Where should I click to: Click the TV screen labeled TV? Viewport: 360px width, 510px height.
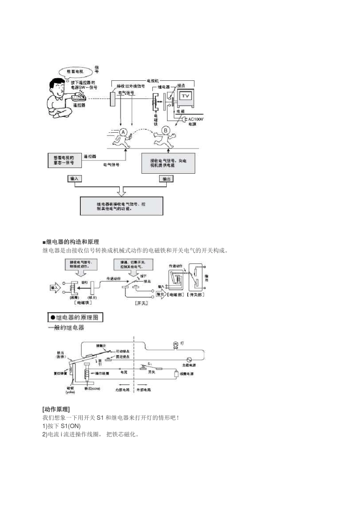pos(185,96)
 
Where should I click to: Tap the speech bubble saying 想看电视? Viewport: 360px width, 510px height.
pos(75,71)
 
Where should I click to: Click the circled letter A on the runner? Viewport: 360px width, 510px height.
pos(123,132)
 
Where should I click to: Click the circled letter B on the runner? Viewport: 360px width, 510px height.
pos(166,130)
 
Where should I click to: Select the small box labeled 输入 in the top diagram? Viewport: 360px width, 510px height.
pos(74,179)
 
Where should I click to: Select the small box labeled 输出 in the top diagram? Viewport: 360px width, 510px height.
pos(166,179)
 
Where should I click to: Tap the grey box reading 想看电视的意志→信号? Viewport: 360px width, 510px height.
pos(64,160)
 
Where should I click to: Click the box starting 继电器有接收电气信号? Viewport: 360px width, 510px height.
pos(121,206)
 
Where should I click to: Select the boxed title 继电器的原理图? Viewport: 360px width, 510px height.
pos(75,317)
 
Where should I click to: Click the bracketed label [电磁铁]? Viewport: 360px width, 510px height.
pos(83,303)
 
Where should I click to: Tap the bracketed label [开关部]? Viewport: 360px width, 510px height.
pos(196,295)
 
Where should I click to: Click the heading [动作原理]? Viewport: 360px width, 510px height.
pos(56,409)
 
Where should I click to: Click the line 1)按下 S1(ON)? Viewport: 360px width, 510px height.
pos(61,426)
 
